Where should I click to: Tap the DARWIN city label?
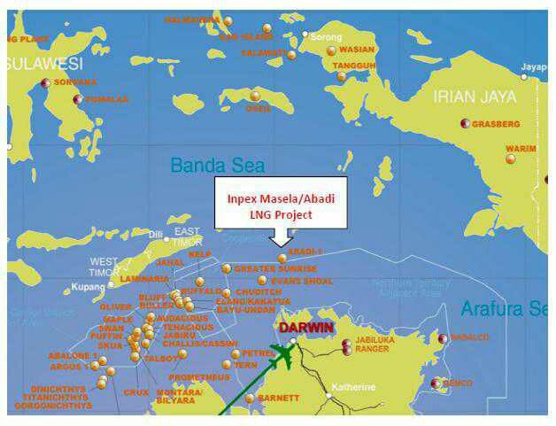305,328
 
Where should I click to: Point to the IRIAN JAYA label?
474,97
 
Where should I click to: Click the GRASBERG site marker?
465,124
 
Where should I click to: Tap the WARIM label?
521,149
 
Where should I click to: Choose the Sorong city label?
325,36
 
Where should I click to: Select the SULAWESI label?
44,64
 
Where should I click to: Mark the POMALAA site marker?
78,99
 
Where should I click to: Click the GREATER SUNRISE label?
275,268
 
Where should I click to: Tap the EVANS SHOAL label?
302,281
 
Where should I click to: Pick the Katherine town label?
353,387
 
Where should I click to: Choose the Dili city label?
157,235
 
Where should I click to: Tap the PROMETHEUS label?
200,377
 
